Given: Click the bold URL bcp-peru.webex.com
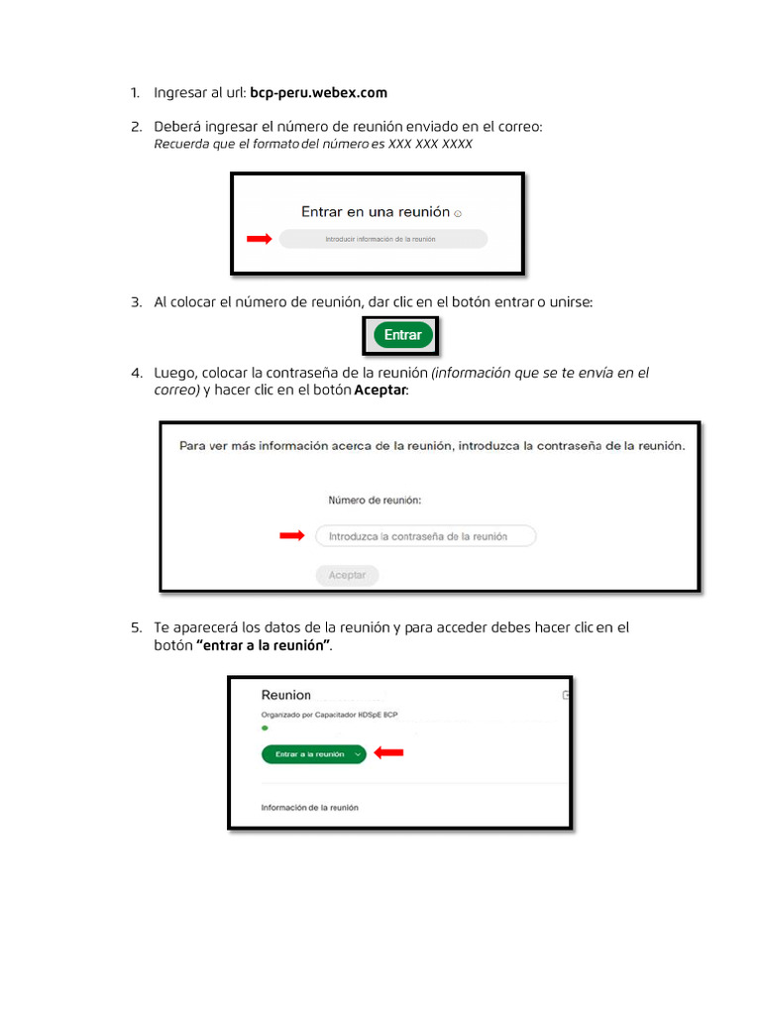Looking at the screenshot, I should [318, 93].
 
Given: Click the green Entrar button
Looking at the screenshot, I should [402, 335].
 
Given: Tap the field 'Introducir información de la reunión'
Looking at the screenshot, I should [382, 239].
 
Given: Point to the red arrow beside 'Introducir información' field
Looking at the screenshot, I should [259, 239].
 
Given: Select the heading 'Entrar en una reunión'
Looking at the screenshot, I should [376, 212].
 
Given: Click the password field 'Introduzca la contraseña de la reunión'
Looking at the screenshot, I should [425, 536].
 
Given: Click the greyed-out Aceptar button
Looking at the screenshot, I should [347, 575].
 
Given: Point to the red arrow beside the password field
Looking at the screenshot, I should [291, 536].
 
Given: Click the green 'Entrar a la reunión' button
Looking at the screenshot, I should [310, 754].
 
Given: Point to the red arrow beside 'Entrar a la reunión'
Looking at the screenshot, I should [389, 753].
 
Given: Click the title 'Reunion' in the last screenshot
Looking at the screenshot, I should [285, 696].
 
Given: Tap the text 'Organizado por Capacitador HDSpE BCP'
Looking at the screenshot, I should [330, 715].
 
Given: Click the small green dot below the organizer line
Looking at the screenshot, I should [265, 729].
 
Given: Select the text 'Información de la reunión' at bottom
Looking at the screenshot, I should [309, 808].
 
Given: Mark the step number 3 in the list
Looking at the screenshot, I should [136, 302].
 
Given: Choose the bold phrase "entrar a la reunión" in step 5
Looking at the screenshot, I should [264, 645].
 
